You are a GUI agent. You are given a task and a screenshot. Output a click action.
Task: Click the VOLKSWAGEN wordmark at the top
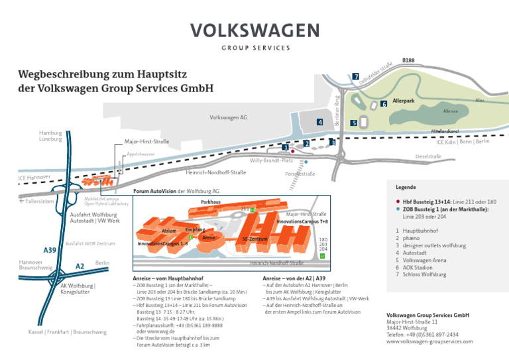[254, 31]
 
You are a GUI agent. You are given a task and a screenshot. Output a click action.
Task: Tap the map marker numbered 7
[356, 77]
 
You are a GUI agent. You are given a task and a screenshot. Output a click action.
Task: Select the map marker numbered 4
[319, 122]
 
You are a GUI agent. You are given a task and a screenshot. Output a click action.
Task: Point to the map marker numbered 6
[384, 104]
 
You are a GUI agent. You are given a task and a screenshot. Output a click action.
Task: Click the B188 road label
[408, 60]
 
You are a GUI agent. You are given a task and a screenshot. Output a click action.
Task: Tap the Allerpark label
[404, 101]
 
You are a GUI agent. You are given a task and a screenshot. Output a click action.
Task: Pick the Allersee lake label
[450, 111]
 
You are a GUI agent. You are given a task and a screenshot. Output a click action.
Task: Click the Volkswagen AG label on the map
[229, 117]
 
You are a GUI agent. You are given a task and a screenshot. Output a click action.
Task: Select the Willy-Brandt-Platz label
[271, 160]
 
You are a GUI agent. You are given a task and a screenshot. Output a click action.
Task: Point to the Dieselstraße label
[428, 156]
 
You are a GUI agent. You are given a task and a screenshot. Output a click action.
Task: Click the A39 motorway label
[50, 250]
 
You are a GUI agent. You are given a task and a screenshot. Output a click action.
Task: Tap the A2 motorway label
[80, 266]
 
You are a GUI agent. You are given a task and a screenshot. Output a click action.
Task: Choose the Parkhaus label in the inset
[211, 202]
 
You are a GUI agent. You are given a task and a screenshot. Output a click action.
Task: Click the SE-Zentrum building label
[255, 239]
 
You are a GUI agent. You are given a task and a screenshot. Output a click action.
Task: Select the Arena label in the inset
[209, 237]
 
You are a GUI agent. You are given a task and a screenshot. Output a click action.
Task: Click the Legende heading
[406, 187]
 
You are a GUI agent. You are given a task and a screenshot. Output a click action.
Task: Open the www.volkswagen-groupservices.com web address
[429, 341]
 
